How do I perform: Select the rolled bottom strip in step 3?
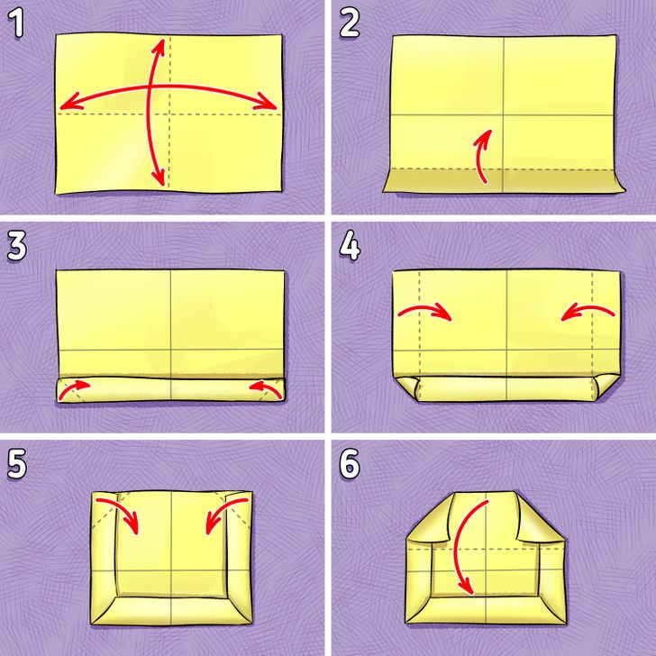click(x=170, y=390)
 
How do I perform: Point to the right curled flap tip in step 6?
click(x=525, y=538)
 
